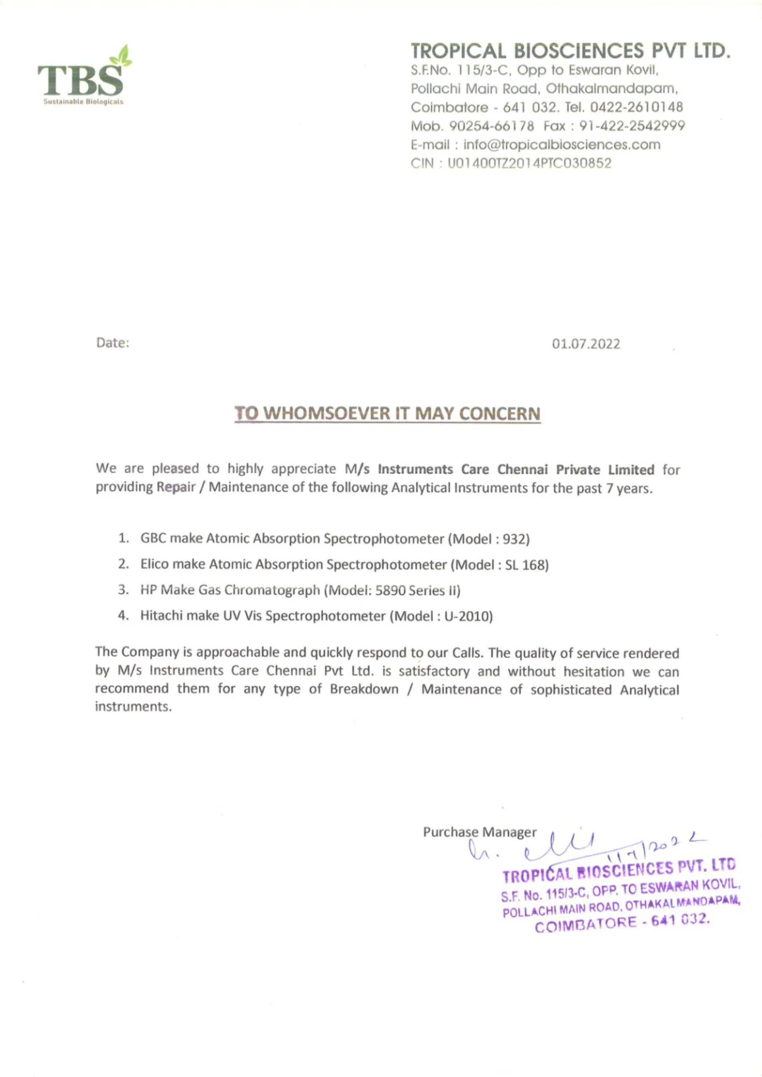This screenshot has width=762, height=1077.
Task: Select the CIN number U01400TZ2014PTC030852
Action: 530,163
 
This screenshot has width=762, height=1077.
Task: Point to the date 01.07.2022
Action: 586,344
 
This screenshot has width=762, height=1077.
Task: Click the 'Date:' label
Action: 113,343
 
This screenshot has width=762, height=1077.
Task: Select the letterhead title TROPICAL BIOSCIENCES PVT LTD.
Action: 571,50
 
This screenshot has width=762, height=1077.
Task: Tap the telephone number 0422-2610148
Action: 636,107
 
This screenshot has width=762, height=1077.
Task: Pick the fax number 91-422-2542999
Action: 632,126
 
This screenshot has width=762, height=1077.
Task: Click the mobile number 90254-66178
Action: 491,126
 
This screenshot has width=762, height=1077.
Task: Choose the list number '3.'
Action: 123,590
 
